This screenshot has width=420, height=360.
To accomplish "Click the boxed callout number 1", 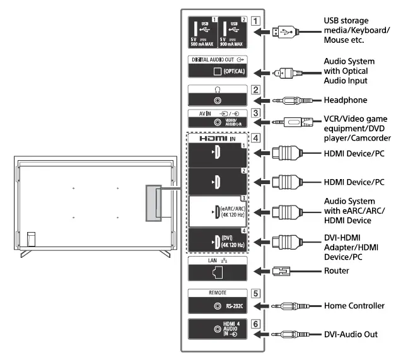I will click(x=256, y=19).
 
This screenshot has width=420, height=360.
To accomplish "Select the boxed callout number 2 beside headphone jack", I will click(x=256, y=90).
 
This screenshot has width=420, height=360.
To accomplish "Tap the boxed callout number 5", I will click(x=256, y=293).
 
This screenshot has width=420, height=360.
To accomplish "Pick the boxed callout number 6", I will click(x=256, y=323).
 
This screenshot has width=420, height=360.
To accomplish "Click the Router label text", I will click(x=336, y=270).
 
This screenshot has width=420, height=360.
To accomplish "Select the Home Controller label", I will click(x=354, y=306).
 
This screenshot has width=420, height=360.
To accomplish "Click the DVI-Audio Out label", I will click(x=350, y=334).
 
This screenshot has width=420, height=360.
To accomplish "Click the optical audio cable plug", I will click(x=284, y=73).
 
